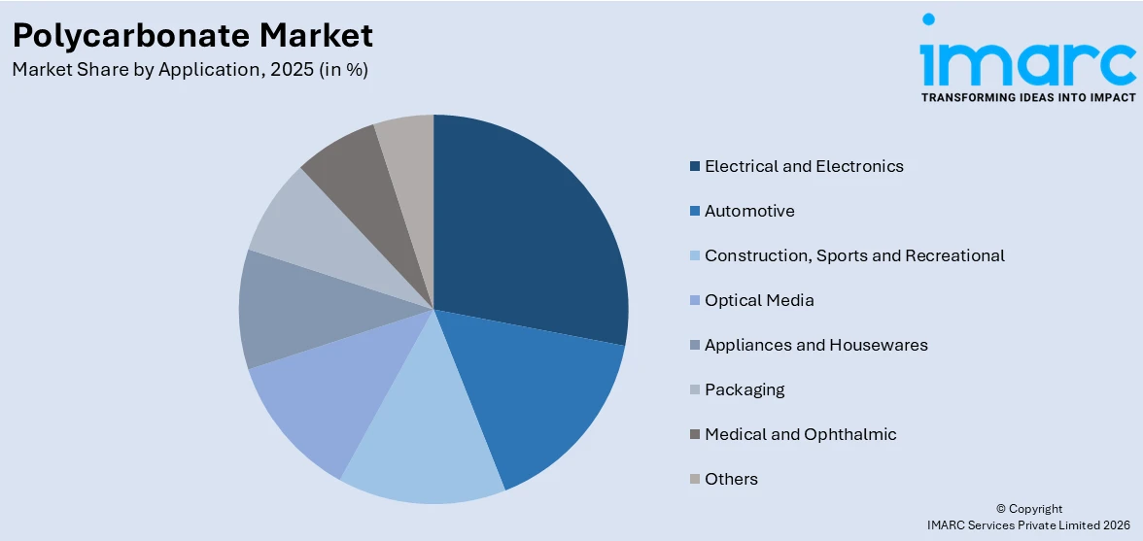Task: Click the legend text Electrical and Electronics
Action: tap(804, 166)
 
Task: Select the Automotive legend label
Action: tap(749, 211)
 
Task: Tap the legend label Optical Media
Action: tap(759, 300)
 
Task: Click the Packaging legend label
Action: tap(745, 389)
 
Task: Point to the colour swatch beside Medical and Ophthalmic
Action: tap(695, 434)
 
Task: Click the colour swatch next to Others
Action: tap(695, 479)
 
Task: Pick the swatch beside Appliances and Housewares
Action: tap(695, 345)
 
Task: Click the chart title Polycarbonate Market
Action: tap(192, 35)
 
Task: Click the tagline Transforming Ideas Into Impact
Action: tap(1027, 97)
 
